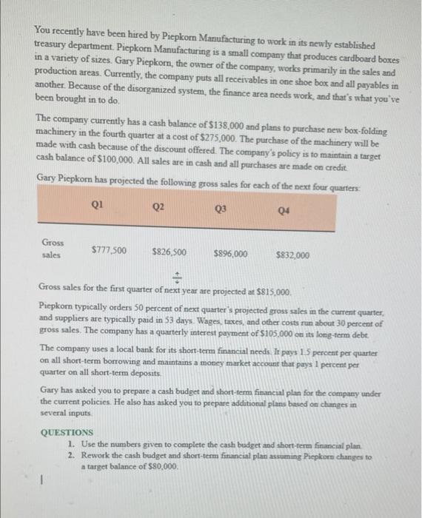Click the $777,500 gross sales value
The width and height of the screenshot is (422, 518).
107,250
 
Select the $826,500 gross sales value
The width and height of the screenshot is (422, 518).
170,252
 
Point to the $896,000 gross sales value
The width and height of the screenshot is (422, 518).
230,253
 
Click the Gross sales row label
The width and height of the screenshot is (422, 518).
53,248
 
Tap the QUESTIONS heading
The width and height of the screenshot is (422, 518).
67,431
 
